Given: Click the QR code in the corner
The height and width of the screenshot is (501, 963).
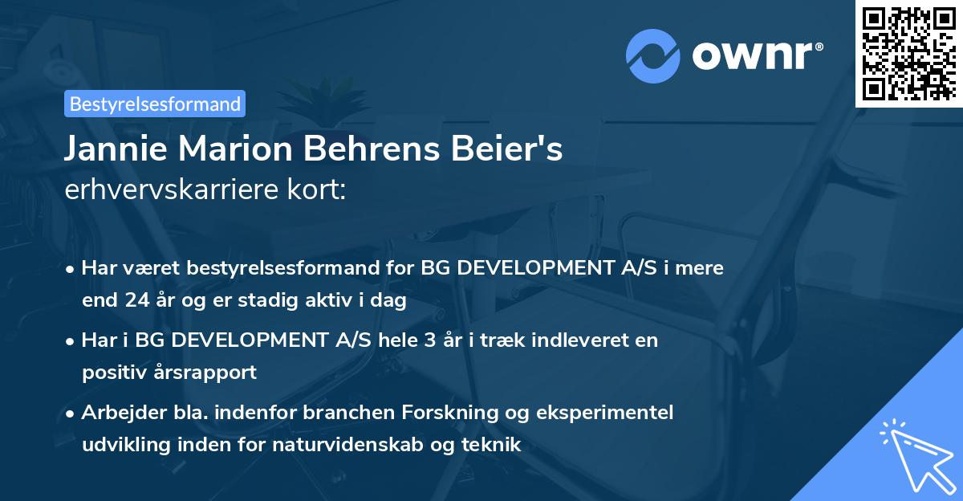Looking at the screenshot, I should coord(909,54).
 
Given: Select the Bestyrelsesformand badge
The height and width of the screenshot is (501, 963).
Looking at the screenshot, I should coord(155,104).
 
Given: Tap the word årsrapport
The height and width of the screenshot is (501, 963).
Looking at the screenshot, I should coord(208,373).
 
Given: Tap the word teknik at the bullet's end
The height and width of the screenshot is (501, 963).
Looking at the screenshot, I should coord(495,445).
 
